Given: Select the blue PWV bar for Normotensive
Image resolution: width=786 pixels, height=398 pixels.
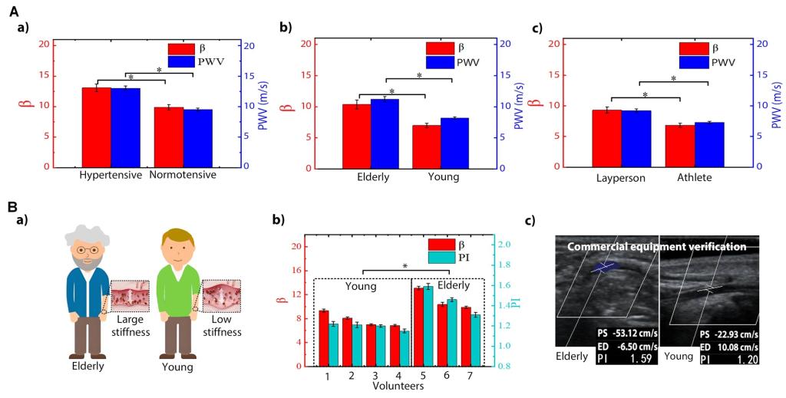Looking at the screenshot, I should tap(198, 138).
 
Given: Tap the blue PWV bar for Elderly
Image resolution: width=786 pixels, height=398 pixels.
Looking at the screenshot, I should tap(385, 133).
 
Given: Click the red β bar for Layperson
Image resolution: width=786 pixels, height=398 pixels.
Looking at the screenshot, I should tap(606, 138).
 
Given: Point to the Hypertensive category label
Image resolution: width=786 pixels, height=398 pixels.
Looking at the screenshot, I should tap(111, 176).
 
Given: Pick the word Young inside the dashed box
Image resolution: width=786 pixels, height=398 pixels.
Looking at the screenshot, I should tap(360, 286).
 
